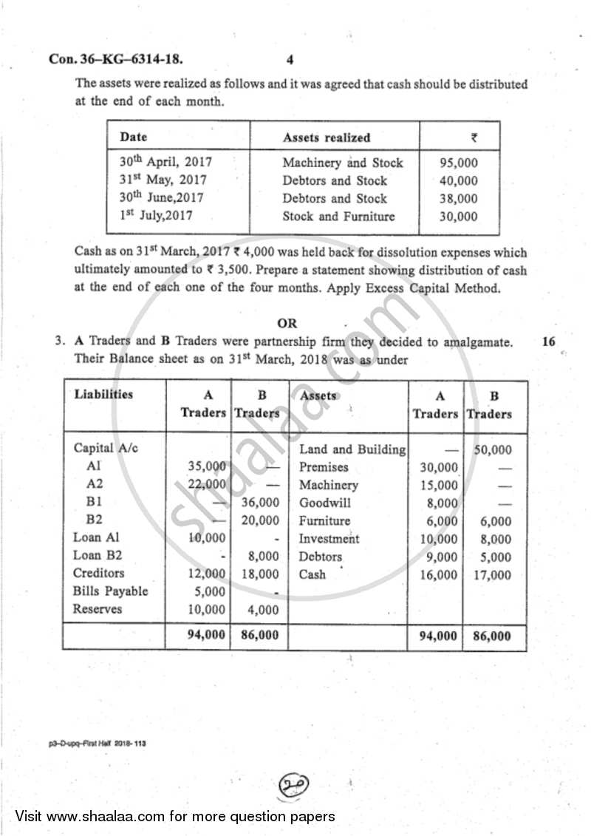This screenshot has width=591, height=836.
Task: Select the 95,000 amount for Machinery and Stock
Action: tap(460, 163)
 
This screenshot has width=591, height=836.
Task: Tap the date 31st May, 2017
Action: tap(163, 180)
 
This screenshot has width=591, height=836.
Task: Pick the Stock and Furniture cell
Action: tap(338, 217)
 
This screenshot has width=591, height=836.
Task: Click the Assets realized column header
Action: tap(327, 137)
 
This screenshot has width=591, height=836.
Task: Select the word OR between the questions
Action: tap(287, 323)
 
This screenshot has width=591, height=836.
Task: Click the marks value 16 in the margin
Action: tap(548, 341)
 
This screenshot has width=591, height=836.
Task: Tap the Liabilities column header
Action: tap(103, 395)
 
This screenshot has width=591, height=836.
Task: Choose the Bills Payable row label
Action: tap(110, 591)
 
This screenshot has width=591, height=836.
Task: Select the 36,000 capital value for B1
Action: tap(262, 503)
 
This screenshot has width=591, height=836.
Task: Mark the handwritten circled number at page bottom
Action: tap(293, 783)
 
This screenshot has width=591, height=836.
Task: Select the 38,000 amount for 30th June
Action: tap(460, 199)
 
